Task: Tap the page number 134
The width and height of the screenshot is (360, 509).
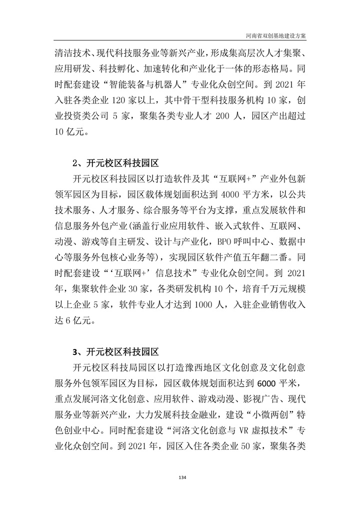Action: pos(182,478)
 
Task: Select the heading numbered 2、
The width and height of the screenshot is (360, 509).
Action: pos(115,163)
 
